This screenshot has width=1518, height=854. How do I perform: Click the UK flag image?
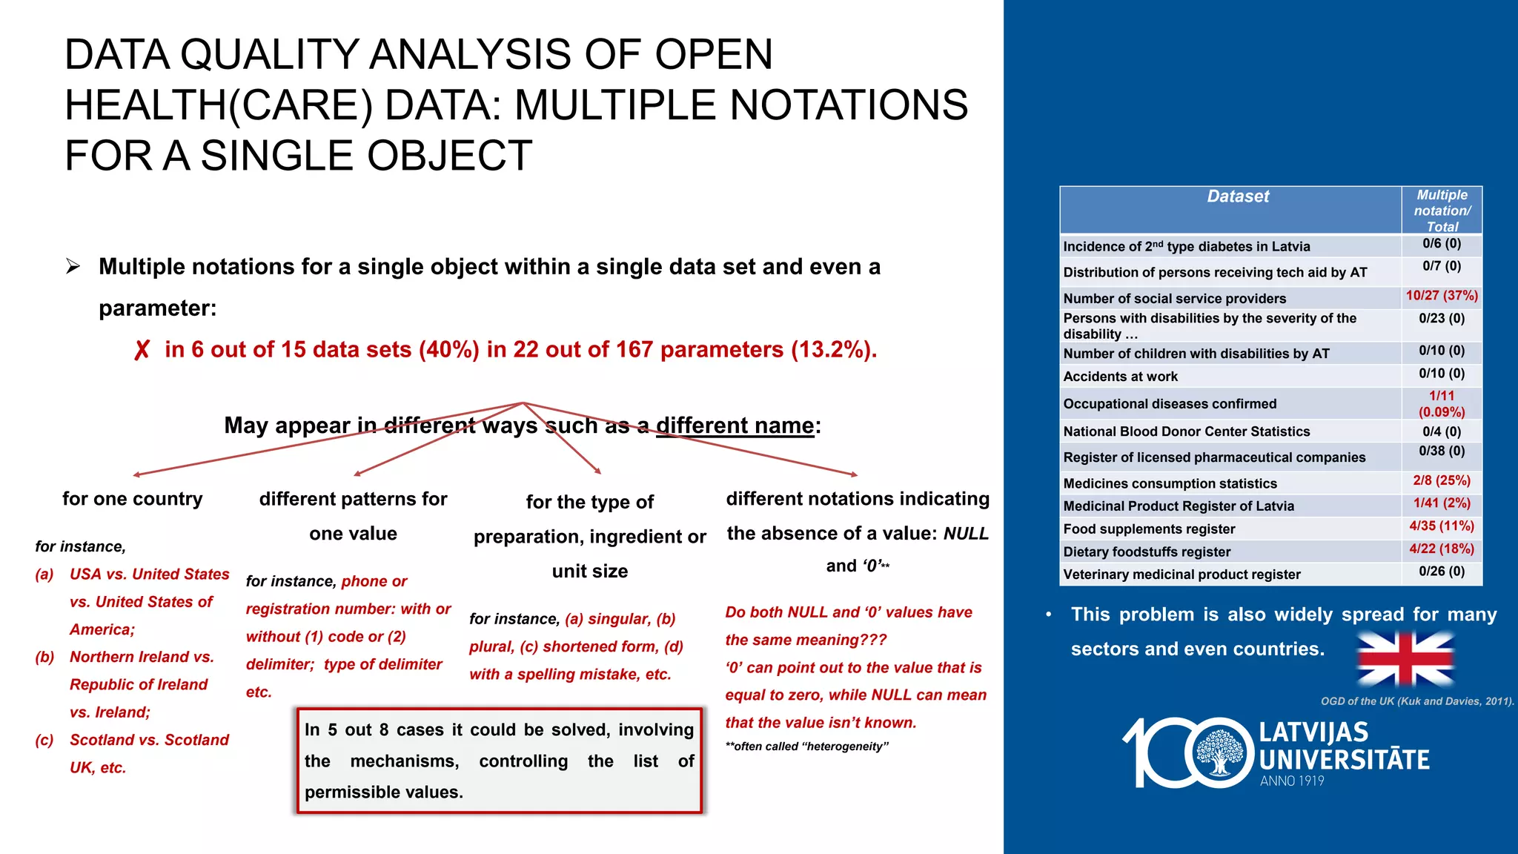pos(1405,658)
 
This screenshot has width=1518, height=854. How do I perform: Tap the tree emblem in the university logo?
pos(1219,753)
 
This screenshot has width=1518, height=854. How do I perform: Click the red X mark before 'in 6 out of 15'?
pos(142,350)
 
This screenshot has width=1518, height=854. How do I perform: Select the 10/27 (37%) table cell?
pos(1442,296)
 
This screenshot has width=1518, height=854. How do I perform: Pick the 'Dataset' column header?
pos(1238,196)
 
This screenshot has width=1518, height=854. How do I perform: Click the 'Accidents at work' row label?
pos(1120,377)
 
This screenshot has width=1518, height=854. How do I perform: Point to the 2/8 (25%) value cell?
pos(1442,480)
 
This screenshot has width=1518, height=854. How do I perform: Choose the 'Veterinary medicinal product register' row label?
pos(1181,575)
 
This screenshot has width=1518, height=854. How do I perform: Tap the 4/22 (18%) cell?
pos(1442,549)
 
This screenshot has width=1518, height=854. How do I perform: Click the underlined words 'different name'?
pos(735,426)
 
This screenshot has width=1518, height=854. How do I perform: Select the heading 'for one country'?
pos(132,499)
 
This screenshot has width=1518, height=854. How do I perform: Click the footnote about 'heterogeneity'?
pos(806,747)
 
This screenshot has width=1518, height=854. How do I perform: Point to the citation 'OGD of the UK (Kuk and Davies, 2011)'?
pos(1416,701)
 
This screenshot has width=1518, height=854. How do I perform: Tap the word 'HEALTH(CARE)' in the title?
pos(219,105)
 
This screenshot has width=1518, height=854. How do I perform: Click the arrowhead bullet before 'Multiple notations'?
pos(73,266)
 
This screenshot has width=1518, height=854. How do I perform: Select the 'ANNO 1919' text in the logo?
pos(1292,781)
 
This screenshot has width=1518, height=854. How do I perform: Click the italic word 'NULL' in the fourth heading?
pos(966,534)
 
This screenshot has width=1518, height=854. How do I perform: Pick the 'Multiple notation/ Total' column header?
pos(1442,211)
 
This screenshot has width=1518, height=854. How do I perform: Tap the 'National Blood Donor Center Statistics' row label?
pos(1186,431)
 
